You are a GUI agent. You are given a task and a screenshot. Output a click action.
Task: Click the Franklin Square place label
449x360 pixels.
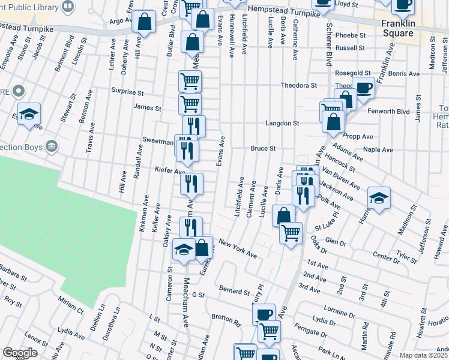397,28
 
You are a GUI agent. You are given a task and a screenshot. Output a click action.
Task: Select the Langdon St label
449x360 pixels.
282,123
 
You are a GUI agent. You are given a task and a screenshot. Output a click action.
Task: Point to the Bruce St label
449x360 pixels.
263,148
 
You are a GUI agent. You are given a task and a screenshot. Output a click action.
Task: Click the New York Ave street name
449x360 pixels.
238,248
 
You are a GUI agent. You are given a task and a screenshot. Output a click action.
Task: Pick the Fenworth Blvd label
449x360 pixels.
395,112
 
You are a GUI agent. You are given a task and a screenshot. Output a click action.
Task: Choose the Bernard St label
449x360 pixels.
234,292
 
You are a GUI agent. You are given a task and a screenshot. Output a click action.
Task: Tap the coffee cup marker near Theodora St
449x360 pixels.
363,88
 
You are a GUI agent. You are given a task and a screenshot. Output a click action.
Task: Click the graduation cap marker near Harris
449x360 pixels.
379,197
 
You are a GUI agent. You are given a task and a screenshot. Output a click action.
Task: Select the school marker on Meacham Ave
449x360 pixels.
184,250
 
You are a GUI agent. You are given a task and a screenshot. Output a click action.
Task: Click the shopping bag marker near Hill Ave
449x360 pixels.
145,22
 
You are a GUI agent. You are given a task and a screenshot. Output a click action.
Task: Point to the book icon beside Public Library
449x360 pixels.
68,6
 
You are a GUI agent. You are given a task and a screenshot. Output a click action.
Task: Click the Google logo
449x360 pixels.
19,353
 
